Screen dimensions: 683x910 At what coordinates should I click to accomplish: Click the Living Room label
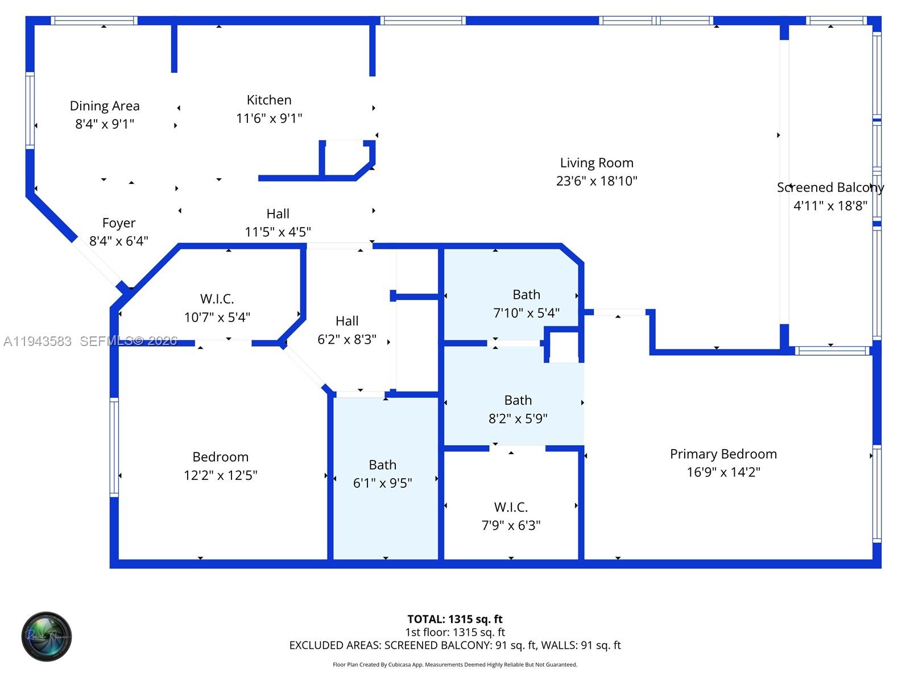tap(596, 163)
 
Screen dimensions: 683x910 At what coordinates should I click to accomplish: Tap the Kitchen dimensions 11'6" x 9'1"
tap(269, 118)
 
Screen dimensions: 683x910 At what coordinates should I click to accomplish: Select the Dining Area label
tap(105, 106)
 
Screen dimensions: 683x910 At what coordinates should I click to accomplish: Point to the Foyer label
tap(119, 223)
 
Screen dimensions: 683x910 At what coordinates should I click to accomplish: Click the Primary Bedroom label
tap(723, 454)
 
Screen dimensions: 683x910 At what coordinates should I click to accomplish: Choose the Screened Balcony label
tap(830, 187)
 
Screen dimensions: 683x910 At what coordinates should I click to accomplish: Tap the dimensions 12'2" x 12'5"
tap(220, 475)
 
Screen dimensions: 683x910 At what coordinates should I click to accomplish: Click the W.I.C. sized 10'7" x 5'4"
tap(217, 307)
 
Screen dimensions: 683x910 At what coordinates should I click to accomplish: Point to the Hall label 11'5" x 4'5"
tap(278, 214)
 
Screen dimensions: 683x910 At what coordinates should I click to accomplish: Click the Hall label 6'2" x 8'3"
tap(347, 321)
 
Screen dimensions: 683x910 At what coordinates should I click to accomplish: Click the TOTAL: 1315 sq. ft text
tap(455, 619)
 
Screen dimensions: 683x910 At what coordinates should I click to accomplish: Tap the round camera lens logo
tap(47, 636)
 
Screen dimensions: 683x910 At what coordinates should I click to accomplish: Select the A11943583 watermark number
tap(38, 341)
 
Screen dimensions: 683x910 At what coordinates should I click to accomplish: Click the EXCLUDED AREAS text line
tap(455, 645)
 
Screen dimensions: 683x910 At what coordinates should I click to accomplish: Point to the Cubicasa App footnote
tap(455, 665)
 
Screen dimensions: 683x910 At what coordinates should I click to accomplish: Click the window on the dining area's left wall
tap(30, 110)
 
